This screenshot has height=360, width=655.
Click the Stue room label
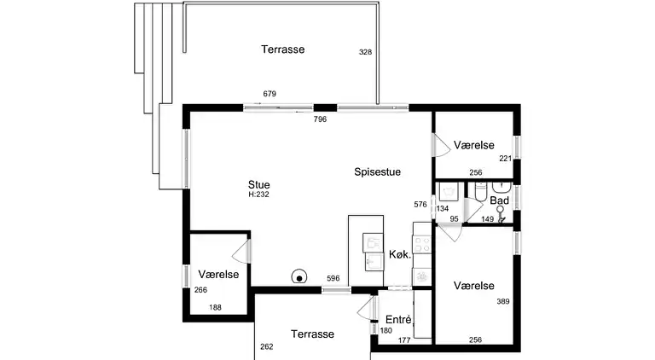[259, 184]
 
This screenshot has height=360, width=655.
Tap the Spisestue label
[377, 171]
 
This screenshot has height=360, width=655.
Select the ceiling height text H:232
[259, 195]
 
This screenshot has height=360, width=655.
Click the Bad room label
[499, 200]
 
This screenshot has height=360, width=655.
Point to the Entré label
[398, 320]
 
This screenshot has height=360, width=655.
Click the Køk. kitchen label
[400, 254]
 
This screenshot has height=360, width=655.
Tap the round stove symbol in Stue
[299, 276]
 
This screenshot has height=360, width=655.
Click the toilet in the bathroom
[481, 191]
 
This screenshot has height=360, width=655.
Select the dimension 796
[320, 119]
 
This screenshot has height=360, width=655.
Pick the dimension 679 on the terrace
[270, 94]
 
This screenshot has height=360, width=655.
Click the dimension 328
[365, 52]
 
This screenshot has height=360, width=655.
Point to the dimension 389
[503, 301]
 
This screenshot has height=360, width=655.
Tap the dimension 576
[420, 204]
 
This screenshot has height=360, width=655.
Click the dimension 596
[333, 279]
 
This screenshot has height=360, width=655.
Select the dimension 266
[200, 290]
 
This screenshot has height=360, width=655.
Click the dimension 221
[506, 159]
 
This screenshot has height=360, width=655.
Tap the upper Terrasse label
[283, 49]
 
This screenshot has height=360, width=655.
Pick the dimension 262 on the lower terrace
[266, 346]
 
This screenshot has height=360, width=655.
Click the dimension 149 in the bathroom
[488, 219]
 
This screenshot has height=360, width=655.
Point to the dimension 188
[215, 308]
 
